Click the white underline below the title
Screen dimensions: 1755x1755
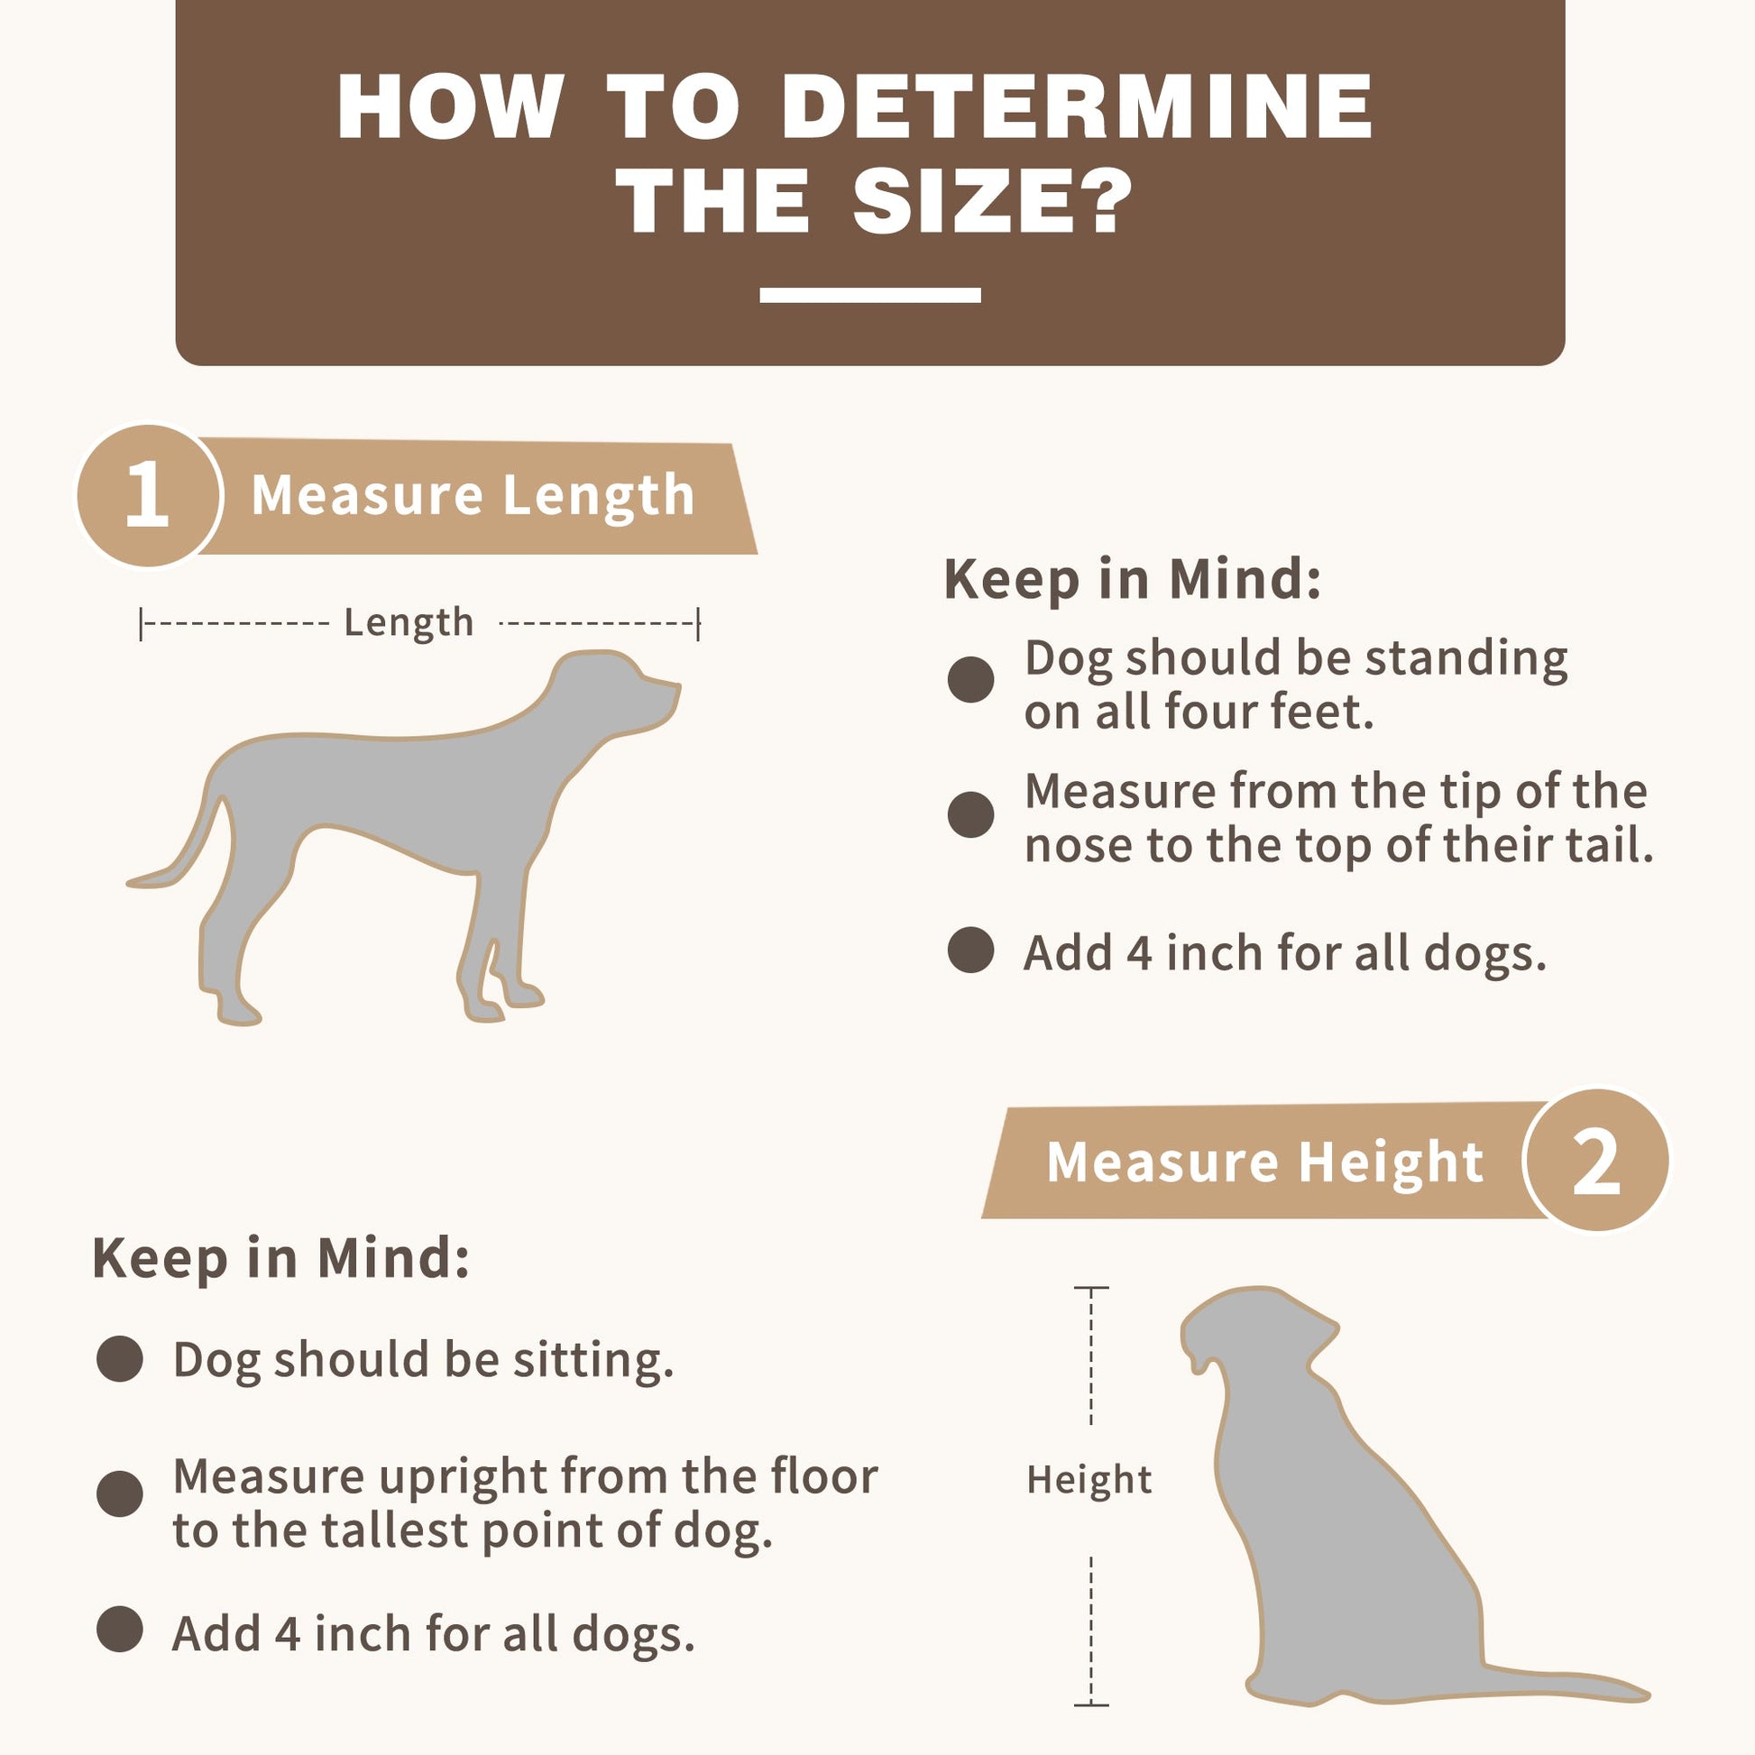pyautogui.click(x=870, y=295)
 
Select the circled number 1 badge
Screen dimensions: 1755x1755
pyautogui.click(x=149, y=496)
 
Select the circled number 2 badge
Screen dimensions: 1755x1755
pyautogui.click(x=1597, y=1161)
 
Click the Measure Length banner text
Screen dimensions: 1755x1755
pyautogui.click(x=473, y=495)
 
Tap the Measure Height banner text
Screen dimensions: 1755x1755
pyautogui.click(x=1265, y=1162)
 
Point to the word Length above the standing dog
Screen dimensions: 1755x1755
pyautogui.click(x=409, y=623)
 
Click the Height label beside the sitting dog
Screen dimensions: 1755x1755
pyautogui.click(x=1089, y=1480)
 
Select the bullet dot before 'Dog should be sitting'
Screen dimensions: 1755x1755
pyautogui.click(x=120, y=1359)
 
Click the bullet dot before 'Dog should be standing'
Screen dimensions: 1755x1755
pyautogui.click(x=971, y=679)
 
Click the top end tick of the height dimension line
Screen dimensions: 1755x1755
pyautogui.click(x=1091, y=1287)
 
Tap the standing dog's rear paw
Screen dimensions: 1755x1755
pyautogui.click(x=238, y=1009)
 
